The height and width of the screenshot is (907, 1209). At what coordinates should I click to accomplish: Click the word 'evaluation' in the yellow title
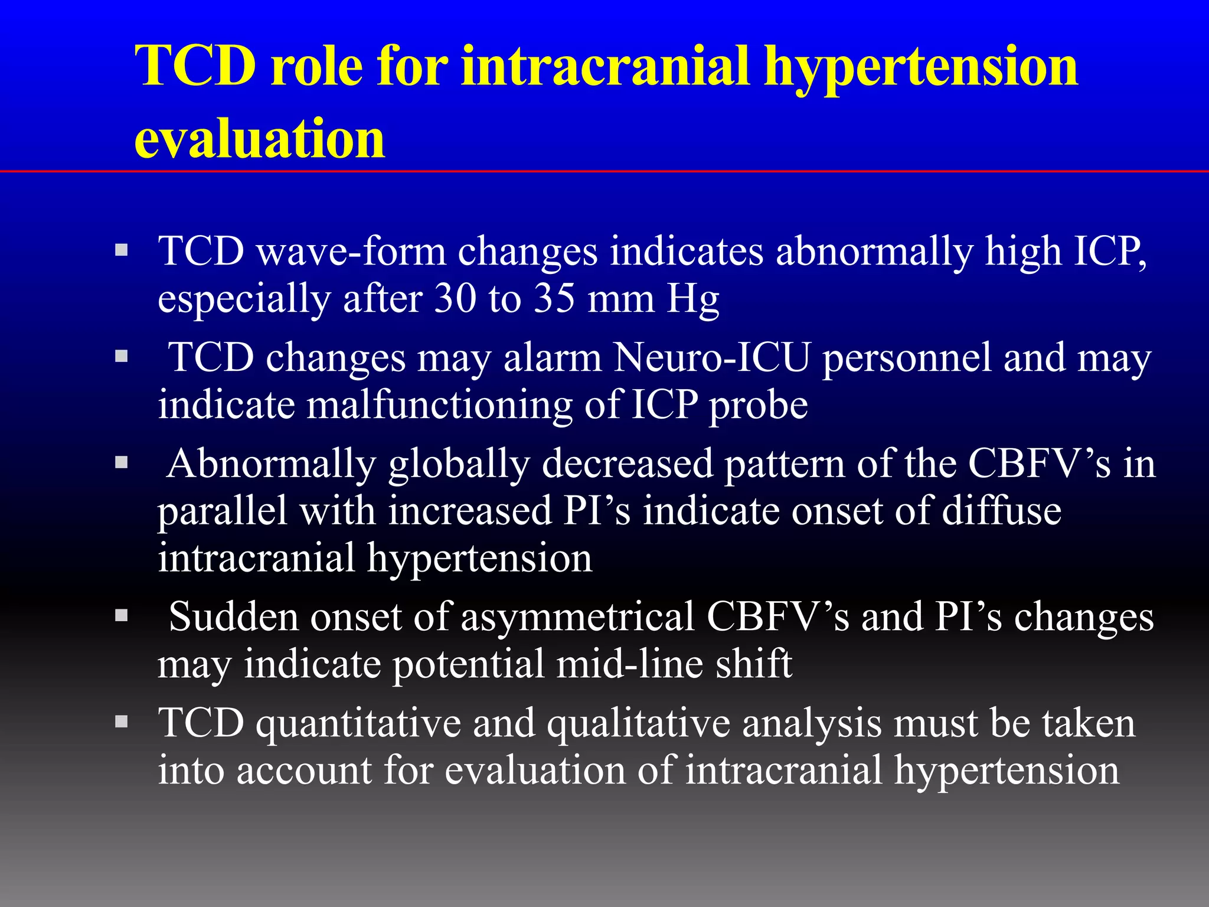coord(260,139)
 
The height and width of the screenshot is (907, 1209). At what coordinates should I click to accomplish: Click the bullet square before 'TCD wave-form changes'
coord(122,250)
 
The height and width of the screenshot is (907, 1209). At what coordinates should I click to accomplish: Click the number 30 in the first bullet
coord(455,298)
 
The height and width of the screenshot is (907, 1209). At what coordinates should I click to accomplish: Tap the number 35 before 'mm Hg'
coord(554,298)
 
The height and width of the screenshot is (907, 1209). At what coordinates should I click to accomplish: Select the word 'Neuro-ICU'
coord(711,358)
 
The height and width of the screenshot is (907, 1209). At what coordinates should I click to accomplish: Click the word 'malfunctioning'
coord(439,406)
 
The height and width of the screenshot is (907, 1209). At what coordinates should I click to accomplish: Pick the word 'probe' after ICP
coord(758,406)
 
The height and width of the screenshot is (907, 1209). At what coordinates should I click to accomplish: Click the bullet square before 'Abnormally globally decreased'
coord(122,462)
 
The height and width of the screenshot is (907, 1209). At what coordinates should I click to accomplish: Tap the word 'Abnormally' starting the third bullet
coord(272,464)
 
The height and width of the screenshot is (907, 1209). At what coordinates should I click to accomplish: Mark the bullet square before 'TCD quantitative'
coord(122,722)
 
